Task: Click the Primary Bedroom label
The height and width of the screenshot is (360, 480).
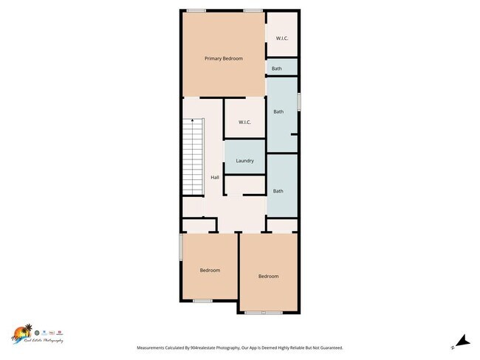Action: coord(223,58)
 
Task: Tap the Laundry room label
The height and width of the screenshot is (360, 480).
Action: coord(244,161)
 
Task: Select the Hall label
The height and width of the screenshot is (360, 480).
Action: coord(215,178)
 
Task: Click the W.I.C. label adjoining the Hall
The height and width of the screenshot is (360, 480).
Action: coord(245,122)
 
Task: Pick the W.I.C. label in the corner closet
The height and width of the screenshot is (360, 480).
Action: coord(281,38)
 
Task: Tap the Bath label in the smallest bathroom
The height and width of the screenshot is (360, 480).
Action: coord(276,69)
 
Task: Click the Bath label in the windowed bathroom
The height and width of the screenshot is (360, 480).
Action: coord(278,112)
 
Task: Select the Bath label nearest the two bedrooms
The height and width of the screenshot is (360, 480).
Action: coord(278,191)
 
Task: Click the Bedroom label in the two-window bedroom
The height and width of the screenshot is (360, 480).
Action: coord(210,270)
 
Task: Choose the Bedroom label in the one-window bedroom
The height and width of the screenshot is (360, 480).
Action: coord(268,276)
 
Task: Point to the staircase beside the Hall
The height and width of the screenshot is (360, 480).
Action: coord(192,159)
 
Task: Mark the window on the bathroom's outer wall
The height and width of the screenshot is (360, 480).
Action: coord(299,101)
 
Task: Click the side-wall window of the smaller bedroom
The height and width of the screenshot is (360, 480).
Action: coord(181,247)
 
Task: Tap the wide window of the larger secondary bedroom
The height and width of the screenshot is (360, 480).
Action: coord(264,313)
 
